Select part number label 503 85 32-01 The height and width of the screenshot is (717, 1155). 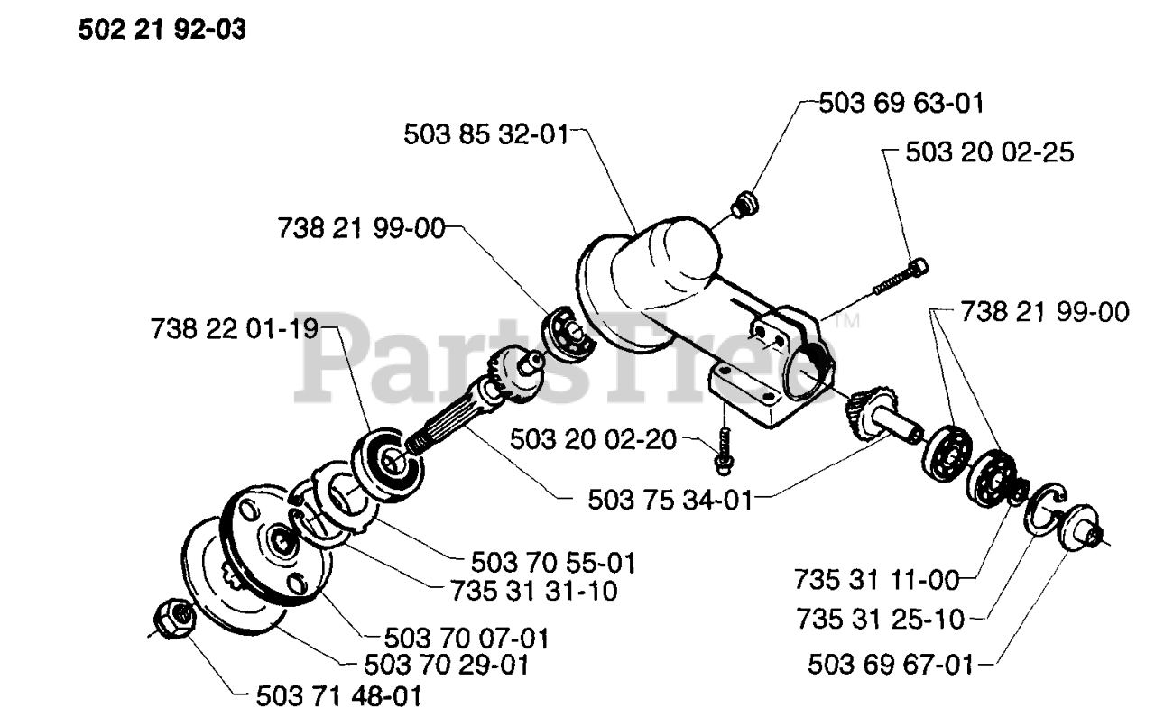(x=485, y=135)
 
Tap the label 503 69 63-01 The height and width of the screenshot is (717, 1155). (x=901, y=103)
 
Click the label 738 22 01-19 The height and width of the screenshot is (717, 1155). (x=236, y=330)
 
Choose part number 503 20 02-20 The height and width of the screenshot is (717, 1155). (x=593, y=440)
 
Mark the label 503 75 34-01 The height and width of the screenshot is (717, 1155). (x=669, y=500)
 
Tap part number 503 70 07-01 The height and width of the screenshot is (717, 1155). (x=466, y=639)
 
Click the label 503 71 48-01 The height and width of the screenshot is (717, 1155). (x=338, y=697)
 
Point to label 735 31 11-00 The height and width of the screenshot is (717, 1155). (x=876, y=576)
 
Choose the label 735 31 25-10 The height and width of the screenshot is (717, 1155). (x=881, y=620)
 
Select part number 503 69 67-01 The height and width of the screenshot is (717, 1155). (x=891, y=666)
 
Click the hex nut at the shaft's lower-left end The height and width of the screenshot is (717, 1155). (x=172, y=618)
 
